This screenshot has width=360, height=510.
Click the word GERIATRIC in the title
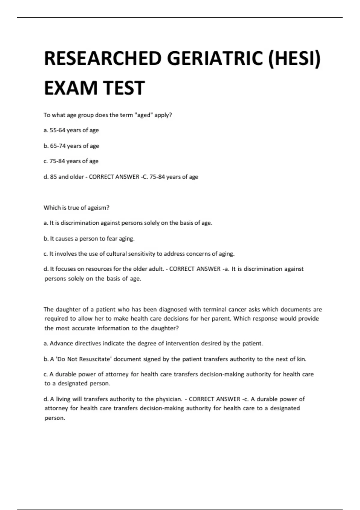pos(214,58)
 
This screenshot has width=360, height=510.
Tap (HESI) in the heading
pos(294,58)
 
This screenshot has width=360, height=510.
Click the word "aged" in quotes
pos(144,115)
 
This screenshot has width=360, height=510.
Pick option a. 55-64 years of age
pos(71,130)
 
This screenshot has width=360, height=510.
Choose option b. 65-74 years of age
pos(71,146)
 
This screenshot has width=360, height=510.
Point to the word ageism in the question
pos(98,208)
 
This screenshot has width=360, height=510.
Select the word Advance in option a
pos(60,343)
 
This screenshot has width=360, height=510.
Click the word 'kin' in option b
pos(301,359)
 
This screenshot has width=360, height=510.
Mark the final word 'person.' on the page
pos(55,418)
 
